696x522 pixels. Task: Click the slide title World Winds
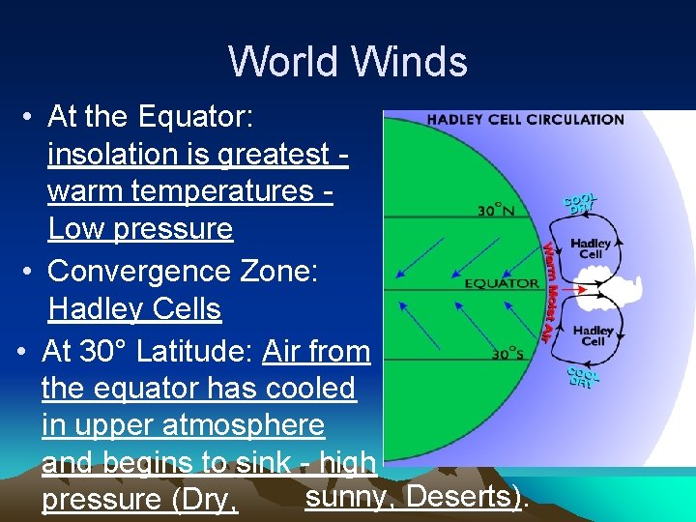coord(348,62)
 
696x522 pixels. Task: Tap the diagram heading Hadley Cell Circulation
coord(525,120)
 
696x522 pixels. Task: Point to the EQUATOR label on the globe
coord(502,283)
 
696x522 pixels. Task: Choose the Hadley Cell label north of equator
coord(592,249)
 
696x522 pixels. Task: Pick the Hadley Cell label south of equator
coord(593,335)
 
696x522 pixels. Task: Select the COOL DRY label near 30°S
coord(583,377)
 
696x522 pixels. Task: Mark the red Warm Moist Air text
coord(548,291)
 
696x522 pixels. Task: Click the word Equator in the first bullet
coord(195,117)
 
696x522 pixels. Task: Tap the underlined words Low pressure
coord(141,229)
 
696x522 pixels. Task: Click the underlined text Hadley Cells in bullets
coord(135,309)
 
